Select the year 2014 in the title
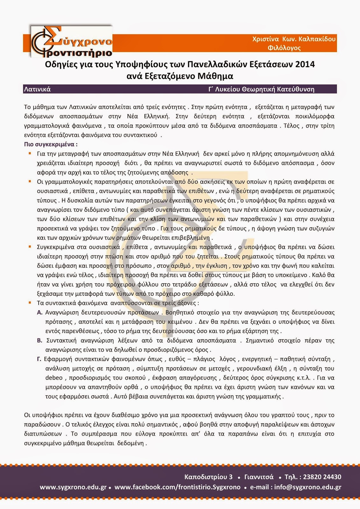pos(305,64)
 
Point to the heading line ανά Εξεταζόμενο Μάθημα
pos(180,76)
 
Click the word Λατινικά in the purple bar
pos(37,89)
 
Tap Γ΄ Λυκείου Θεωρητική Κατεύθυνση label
pos(261,89)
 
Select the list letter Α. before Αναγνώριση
pos(40,312)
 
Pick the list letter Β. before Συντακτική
pos(40,340)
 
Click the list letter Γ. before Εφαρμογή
pos(39,359)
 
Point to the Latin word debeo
pos(54,378)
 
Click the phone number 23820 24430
pos(322,477)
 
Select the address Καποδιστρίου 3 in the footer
pos(208,477)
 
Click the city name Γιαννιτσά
pos(259,477)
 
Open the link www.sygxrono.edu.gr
pos(73,487)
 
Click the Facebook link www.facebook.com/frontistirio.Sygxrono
pos(177,487)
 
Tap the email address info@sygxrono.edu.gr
pos(308,487)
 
